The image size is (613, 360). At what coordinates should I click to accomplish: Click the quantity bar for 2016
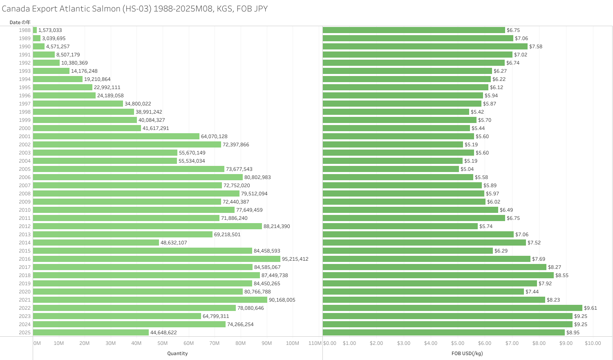[x=157, y=259]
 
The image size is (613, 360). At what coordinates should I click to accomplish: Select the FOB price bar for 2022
[x=452, y=308]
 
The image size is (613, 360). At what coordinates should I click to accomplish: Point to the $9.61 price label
[x=591, y=308]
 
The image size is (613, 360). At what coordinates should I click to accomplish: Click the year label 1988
[x=25, y=30]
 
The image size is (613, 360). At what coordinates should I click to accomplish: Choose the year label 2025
[x=25, y=333]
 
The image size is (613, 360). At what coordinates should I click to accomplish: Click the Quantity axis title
[x=177, y=353]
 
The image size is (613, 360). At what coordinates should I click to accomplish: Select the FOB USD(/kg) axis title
[x=467, y=353]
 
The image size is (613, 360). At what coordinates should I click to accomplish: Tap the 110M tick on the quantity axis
[x=315, y=343]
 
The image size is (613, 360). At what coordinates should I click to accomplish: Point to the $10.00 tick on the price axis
[x=593, y=343]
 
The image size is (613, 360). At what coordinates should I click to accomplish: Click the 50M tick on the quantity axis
[x=163, y=343]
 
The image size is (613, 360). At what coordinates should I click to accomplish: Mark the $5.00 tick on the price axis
[x=458, y=343]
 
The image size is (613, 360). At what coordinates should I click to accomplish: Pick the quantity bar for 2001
[x=116, y=136]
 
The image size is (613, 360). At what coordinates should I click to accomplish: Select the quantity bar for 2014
[x=96, y=243]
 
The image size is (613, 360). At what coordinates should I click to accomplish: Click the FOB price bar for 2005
[x=391, y=169]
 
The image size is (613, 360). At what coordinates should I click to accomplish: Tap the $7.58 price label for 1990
[x=536, y=47]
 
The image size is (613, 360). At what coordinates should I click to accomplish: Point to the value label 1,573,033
[x=50, y=30]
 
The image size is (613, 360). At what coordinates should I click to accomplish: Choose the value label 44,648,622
[x=163, y=333]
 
